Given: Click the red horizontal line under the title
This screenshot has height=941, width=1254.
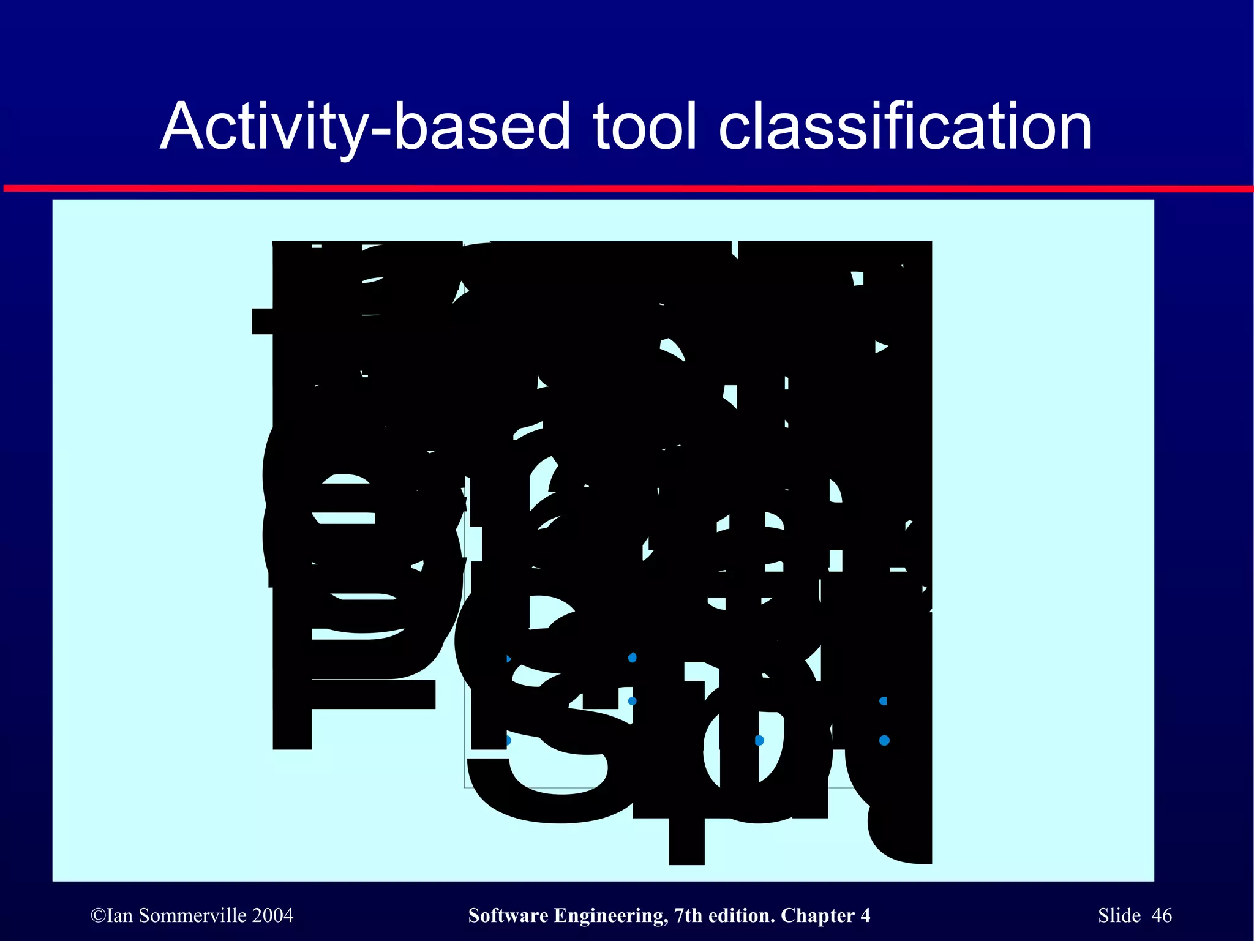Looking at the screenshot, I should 627,189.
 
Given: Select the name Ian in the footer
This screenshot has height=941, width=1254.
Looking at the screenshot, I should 119,916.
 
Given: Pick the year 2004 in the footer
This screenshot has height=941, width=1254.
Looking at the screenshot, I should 273,916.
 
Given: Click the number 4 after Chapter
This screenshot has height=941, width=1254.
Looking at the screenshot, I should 865,916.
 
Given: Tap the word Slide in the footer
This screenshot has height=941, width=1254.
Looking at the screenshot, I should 1119,916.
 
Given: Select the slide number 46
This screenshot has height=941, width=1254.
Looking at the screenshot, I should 1162,916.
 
